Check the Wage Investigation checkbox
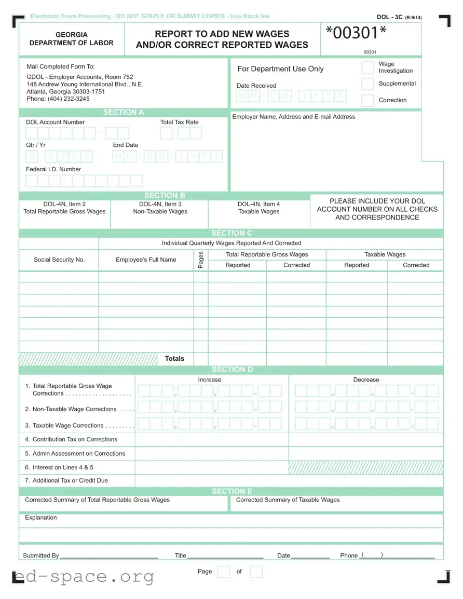point(367,67)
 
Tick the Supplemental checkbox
point(367,84)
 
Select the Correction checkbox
point(367,100)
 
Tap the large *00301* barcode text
point(356,34)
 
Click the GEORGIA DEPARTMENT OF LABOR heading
point(72,39)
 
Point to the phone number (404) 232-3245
point(58,99)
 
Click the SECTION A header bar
point(124,112)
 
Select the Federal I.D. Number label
point(53,169)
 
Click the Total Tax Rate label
point(179,122)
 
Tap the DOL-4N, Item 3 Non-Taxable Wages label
point(160,208)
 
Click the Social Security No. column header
point(59,260)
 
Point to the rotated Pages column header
point(201,260)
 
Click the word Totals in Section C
point(174,359)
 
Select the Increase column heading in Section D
point(209,380)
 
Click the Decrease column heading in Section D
point(366,380)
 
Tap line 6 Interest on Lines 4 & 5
point(63,467)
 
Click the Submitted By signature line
point(109,555)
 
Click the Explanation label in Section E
point(41,518)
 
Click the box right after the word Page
point(223,572)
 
